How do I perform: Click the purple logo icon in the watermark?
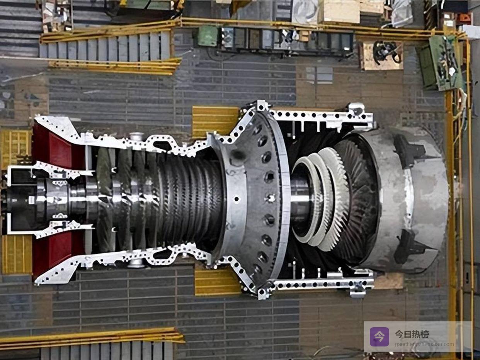point(380,337)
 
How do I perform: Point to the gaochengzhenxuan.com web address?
point(424,345)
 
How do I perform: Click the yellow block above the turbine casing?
point(215,122)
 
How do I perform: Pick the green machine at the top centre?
point(208,36)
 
